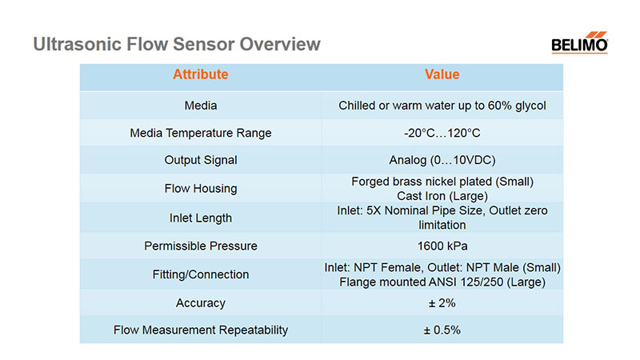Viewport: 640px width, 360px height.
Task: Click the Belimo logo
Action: tap(579, 42)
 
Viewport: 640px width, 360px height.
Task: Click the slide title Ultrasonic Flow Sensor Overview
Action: tap(177, 44)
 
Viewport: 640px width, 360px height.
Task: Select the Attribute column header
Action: tap(201, 74)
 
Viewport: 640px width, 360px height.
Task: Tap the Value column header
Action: tap(442, 74)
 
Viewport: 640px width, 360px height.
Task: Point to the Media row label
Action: tap(201, 106)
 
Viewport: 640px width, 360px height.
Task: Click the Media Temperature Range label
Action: tap(201, 133)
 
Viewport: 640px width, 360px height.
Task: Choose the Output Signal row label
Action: tap(201, 160)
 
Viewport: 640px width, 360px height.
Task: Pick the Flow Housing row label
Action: tap(201, 189)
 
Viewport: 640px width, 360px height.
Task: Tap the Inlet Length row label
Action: tap(201, 218)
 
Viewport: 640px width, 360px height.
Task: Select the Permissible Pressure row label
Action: tap(201, 246)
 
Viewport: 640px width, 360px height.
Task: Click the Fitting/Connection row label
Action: tap(201, 274)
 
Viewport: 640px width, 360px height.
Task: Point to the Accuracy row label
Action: tap(201, 303)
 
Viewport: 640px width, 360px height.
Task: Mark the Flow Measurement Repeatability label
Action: tap(201, 330)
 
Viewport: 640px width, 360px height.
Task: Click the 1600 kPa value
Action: tap(442, 246)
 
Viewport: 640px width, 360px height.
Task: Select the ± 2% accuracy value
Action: tap(442, 303)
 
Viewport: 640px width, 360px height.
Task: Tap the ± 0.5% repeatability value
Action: tap(442, 330)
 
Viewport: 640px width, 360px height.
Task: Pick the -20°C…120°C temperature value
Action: tap(442, 133)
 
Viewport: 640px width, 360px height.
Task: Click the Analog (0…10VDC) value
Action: tap(442, 160)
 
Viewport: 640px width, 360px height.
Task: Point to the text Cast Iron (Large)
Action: tap(442, 196)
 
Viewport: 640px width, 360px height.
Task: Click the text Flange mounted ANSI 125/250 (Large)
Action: tap(442, 282)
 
